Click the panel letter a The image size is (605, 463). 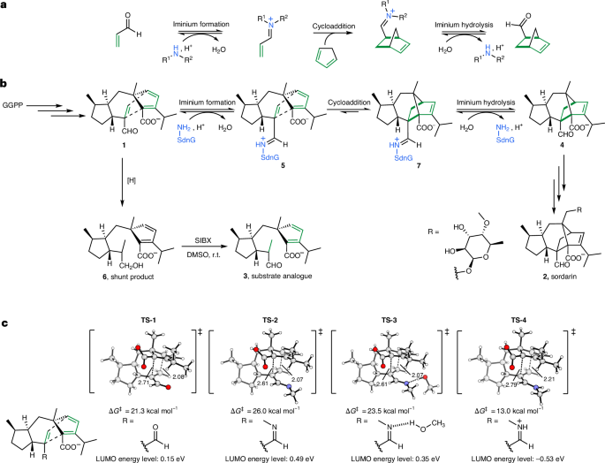coord(4,6)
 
